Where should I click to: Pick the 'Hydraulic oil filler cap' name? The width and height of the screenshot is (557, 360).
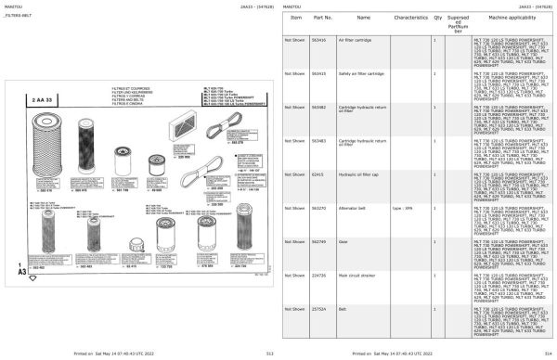point(361,174)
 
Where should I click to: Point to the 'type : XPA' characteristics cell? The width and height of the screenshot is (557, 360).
point(403,207)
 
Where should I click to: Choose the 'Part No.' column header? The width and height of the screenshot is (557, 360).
point(322,18)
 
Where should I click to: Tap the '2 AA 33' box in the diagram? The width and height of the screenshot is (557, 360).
point(44,97)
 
